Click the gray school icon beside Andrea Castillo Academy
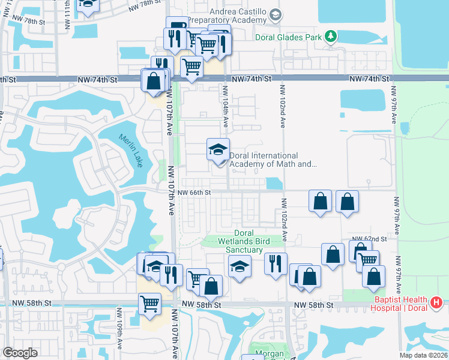click(x=275, y=14)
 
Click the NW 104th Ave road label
click(x=226, y=106)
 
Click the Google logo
click(x=20, y=353)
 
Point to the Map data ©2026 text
click(x=423, y=355)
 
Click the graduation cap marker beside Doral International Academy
click(x=218, y=150)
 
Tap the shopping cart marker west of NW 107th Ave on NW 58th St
click(x=149, y=302)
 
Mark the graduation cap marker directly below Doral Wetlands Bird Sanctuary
click(x=239, y=265)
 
